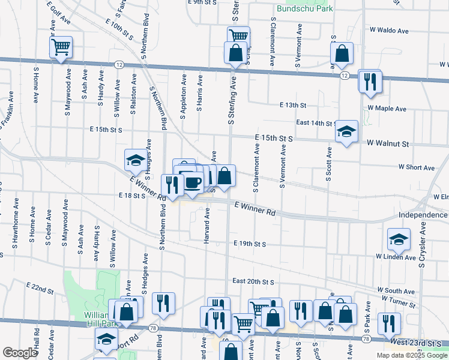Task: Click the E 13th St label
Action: coord(292,105)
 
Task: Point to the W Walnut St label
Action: coord(388,144)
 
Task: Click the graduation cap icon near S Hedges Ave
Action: coord(135,160)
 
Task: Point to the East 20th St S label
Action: coord(253,281)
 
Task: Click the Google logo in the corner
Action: coord(20,353)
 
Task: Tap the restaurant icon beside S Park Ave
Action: coord(389,324)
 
